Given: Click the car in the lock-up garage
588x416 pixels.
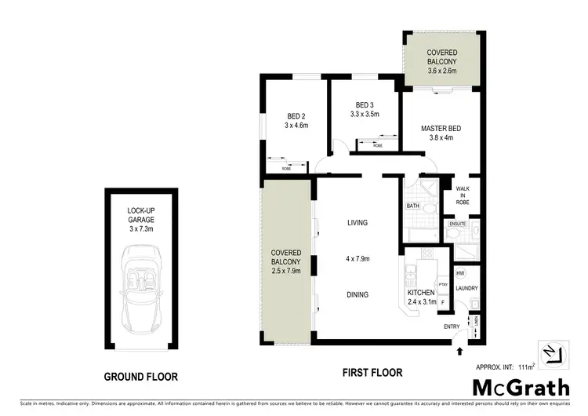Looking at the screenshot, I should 142,287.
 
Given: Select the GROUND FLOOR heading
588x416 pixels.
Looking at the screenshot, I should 141,377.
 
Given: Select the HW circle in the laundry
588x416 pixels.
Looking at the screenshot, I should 460,272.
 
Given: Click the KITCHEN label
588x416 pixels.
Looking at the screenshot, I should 420,294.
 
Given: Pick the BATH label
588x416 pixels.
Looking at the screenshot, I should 412,206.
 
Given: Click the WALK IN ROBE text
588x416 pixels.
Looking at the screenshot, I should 463,195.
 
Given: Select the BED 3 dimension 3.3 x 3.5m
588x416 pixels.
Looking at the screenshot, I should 364,115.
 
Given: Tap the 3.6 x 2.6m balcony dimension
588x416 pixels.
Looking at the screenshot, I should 441,70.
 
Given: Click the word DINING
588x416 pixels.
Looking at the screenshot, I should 358,295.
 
